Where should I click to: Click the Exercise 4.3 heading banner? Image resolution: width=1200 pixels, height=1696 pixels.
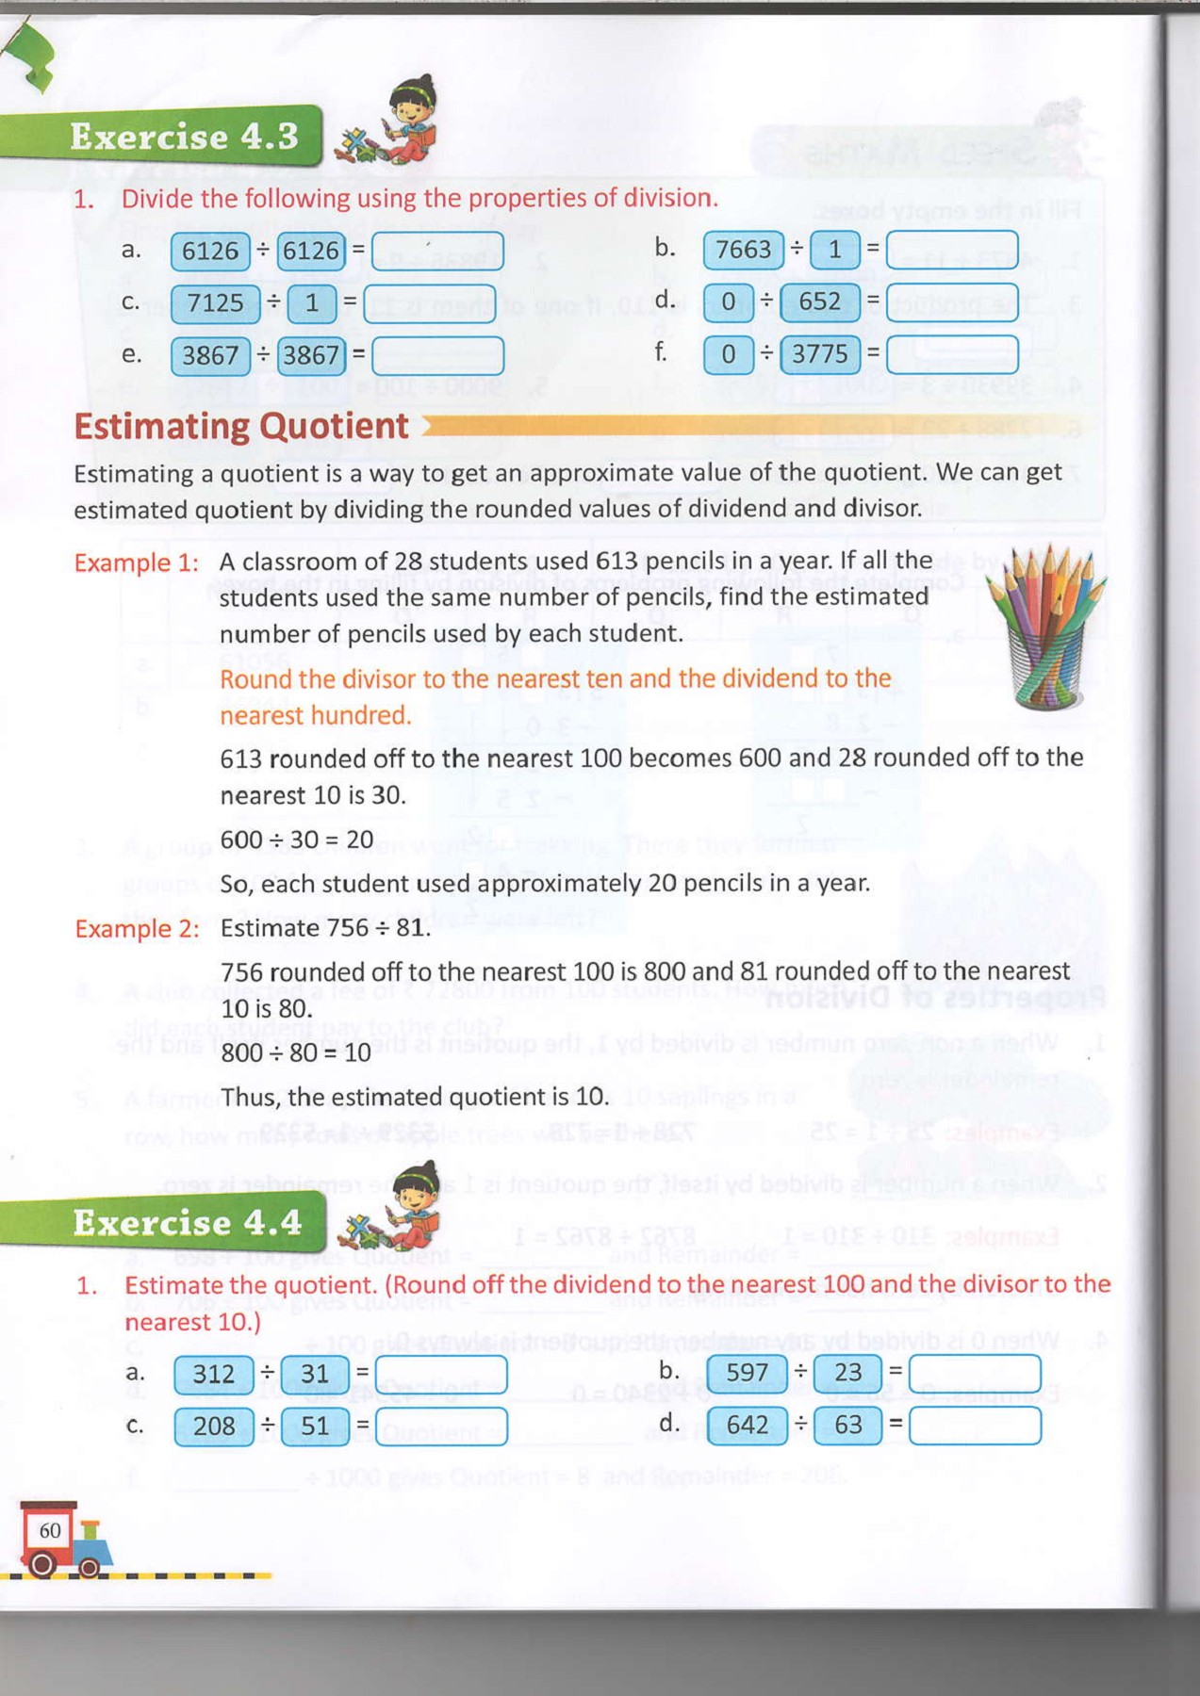[x=184, y=138]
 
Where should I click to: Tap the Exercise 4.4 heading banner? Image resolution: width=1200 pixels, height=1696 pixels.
[x=187, y=1223]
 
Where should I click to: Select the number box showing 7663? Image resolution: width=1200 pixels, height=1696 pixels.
[x=743, y=250]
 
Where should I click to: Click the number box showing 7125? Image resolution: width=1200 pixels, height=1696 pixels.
[x=215, y=303]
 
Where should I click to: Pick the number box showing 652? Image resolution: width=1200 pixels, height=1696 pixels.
[x=819, y=302]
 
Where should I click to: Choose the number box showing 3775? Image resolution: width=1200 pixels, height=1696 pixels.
[x=819, y=355]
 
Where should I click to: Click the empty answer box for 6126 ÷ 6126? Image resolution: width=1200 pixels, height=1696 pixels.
[x=437, y=251]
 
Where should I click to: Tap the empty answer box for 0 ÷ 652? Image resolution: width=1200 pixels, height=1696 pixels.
[x=952, y=302]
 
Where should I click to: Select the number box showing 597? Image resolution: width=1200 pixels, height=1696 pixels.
[x=747, y=1373]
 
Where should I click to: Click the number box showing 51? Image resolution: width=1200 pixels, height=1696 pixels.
[x=315, y=1427]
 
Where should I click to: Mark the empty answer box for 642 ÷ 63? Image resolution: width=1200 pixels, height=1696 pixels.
[x=975, y=1426]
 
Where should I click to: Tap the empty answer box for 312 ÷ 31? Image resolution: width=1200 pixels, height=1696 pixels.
[x=440, y=1375]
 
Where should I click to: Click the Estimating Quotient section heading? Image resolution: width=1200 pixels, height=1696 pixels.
[x=241, y=427]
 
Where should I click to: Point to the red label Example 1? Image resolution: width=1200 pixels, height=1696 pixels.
[x=137, y=563]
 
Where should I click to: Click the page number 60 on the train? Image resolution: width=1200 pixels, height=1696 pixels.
[x=50, y=1530]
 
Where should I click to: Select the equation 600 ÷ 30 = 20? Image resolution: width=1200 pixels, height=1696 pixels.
[x=297, y=840]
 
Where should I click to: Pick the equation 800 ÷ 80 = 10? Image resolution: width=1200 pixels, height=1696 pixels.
[x=296, y=1052]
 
